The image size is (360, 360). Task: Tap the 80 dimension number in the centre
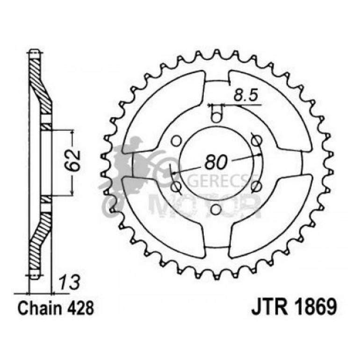point(216,162)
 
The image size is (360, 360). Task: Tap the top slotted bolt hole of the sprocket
point(216,114)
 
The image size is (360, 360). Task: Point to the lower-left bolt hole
point(176,186)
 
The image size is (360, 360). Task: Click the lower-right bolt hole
point(255,186)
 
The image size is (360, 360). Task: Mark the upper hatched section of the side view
point(39,79)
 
